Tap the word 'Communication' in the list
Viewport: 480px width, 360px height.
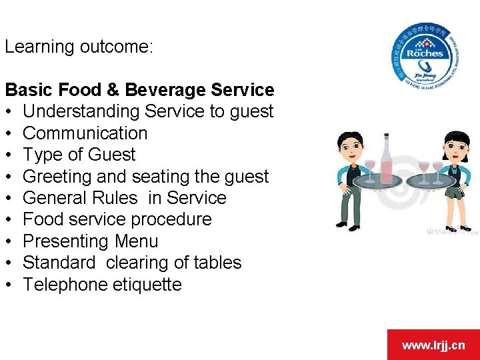coord(85,133)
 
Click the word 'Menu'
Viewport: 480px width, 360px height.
coord(137,241)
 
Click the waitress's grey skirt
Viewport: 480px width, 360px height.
coord(455,193)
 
